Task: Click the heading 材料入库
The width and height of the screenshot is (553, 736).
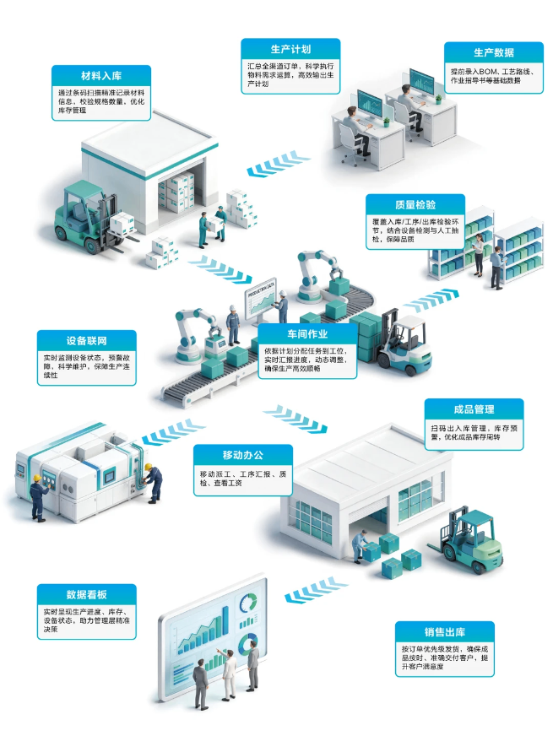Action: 101,76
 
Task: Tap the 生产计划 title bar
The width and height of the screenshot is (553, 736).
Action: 290,49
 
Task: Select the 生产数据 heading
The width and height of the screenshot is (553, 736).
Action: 494,52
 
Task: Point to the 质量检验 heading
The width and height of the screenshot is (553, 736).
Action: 415,204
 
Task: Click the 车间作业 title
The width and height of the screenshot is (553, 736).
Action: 307,333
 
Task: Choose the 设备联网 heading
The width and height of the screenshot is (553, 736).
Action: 86,341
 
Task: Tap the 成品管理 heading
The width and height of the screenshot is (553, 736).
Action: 474,409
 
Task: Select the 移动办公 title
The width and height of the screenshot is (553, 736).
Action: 242,455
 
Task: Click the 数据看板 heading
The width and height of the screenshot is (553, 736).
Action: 86,595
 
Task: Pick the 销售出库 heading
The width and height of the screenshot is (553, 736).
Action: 445,632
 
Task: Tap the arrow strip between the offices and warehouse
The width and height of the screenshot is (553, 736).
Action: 278,164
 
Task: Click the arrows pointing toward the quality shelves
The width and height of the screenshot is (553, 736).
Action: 431,300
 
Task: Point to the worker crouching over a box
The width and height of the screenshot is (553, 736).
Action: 361,546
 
